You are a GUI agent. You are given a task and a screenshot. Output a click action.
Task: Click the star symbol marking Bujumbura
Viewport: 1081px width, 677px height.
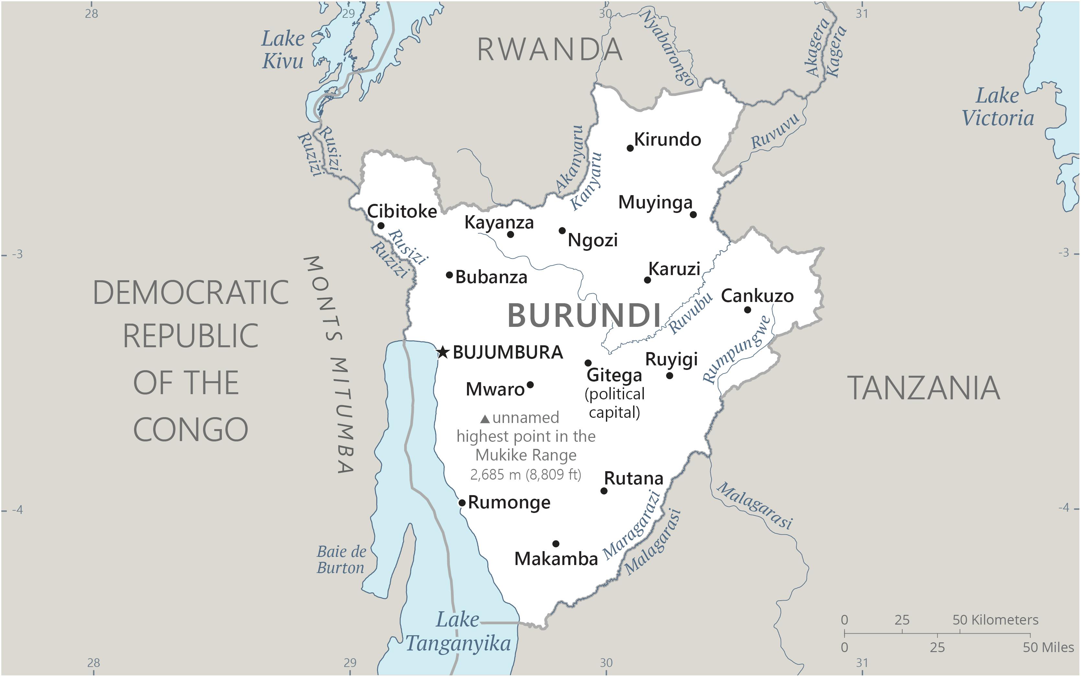(443, 352)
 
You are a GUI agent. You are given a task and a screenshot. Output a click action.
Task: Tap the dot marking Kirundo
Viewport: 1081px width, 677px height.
(630, 148)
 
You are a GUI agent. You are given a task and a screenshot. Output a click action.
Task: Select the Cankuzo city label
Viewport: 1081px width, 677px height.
(757, 296)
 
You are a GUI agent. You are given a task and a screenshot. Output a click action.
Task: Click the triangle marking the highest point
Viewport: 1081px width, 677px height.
(485, 419)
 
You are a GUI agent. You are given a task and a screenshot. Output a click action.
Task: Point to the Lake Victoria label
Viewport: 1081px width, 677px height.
(998, 107)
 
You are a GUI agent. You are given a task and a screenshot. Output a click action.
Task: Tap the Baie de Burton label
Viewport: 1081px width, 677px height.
(341, 560)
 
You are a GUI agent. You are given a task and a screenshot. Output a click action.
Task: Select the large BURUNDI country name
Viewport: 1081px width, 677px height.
(584, 315)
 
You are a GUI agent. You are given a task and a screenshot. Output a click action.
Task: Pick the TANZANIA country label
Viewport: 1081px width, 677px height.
(924, 388)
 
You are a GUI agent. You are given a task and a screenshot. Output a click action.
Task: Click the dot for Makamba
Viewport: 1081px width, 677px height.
(555, 544)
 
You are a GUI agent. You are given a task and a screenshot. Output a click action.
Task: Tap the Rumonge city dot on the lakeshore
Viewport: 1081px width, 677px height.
(462, 502)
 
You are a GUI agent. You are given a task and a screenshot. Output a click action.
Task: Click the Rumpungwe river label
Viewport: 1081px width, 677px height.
(736, 350)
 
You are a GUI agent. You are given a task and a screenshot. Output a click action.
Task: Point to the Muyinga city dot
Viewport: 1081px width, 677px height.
(693, 215)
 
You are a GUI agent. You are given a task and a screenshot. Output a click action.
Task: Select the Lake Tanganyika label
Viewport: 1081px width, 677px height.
(458, 632)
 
